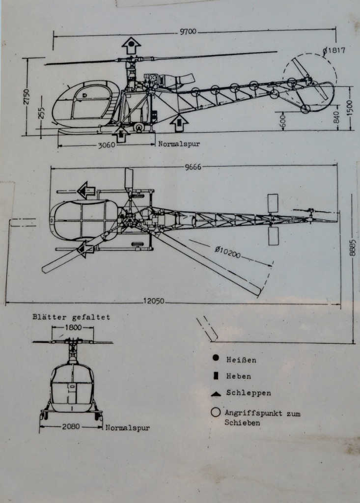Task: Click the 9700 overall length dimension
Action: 187,32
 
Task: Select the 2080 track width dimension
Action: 72,427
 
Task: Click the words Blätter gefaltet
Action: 71,317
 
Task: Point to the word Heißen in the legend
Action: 241,360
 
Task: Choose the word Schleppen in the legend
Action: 249,393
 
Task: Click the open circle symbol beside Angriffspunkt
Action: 215,413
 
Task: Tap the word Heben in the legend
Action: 239,376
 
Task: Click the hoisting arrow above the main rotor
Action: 131,45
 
